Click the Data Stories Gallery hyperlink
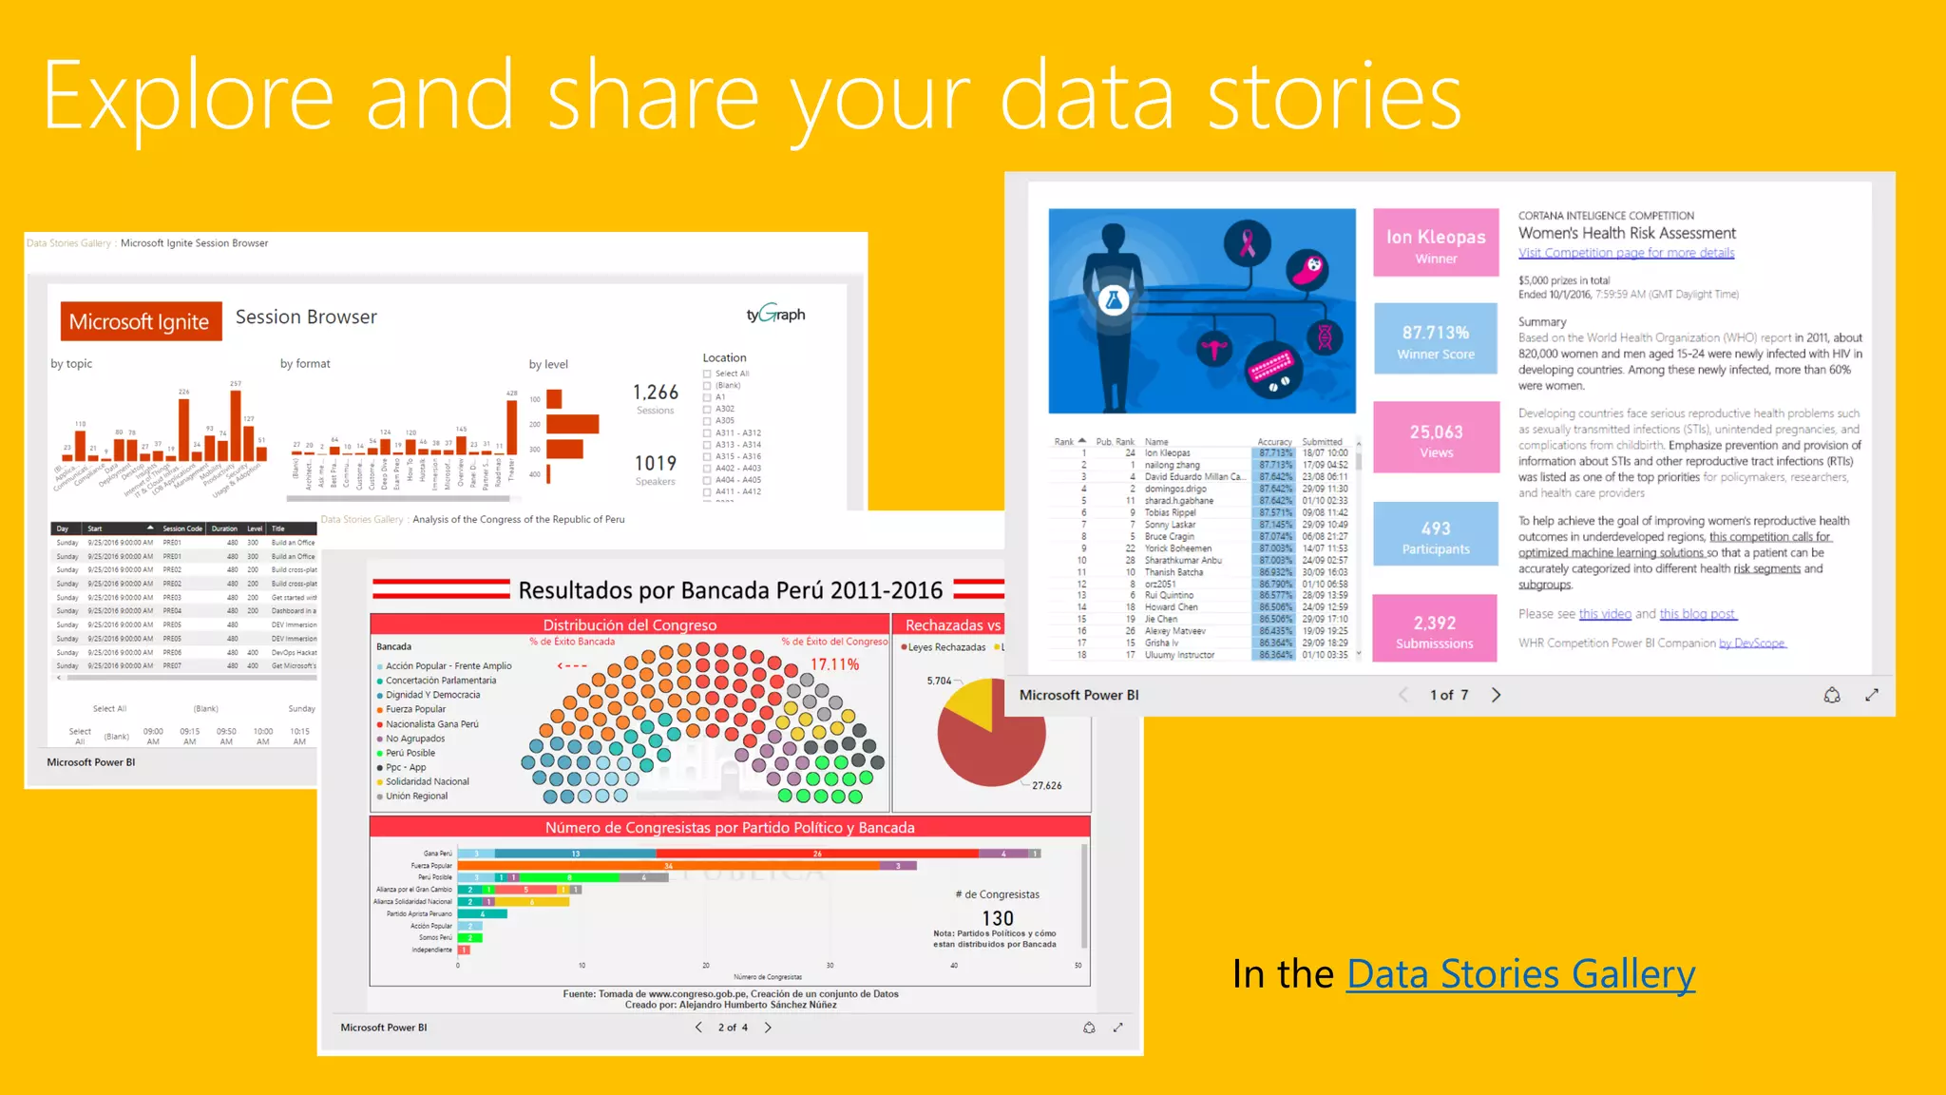tap(1520, 975)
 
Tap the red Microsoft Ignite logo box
tap(140, 321)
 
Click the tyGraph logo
tap(775, 314)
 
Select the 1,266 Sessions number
tap(656, 393)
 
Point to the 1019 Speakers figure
tap(656, 464)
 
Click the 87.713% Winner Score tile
tap(1436, 339)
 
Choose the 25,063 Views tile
tap(1436, 438)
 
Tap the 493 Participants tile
tap(1436, 535)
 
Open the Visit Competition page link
tap(1626, 253)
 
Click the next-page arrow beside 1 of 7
tap(1497, 695)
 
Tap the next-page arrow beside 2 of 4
tap(768, 1028)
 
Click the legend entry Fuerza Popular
tap(415, 709)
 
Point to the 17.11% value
tap(834, 664)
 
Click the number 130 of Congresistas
tap(998, 918)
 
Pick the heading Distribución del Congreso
tap(630, 624)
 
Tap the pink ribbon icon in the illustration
tap(1248, 243)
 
